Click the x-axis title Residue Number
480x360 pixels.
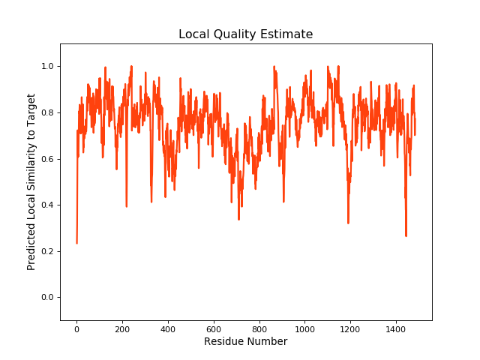(245, 342)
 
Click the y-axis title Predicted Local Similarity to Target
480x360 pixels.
(31, 182)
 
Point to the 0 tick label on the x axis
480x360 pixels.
(76, 328)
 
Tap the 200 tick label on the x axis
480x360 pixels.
(122, 328)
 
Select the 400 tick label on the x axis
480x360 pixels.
(168, 328)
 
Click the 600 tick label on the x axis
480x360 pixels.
(214, 328)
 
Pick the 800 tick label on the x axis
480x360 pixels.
(259, 328)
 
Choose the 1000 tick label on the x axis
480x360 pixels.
(305, 328)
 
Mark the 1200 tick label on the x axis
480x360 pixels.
(351, 328)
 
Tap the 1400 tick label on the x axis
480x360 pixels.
(397, 328)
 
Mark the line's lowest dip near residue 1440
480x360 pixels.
(406, 236)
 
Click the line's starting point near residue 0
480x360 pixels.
(76, 242)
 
